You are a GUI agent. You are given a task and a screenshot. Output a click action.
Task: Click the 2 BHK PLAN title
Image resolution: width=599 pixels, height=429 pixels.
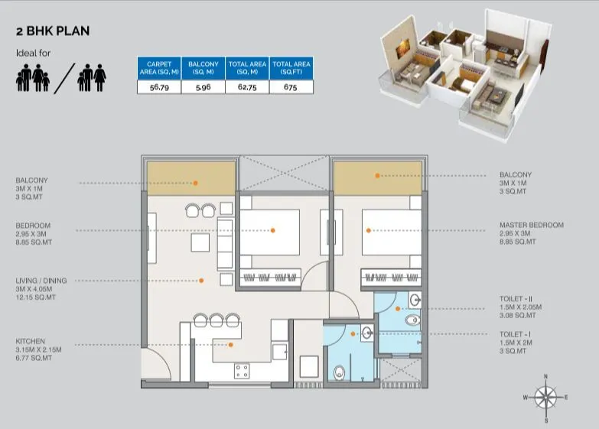[x=53, y=31]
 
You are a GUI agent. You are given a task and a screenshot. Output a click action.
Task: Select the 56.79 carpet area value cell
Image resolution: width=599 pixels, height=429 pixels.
[x=158, y=87]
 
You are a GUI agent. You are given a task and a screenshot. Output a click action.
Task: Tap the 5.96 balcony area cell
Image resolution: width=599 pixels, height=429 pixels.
[x=203, y=87]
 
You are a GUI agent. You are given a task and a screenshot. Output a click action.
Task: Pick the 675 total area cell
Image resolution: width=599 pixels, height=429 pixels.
[x=291, y=87]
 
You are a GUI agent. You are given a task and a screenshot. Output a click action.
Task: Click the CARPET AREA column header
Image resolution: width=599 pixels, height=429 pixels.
[x=158, y=67]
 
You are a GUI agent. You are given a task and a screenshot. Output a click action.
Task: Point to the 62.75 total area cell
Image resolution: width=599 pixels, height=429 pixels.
[x=247, y=87]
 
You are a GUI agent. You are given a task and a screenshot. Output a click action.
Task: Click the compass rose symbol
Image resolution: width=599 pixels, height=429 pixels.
[x=545, y=398]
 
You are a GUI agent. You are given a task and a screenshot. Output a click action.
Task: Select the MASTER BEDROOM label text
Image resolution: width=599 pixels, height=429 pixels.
[x=531, y=225]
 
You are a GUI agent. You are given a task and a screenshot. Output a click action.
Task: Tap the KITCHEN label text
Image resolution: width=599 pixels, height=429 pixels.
[x=30, y=341]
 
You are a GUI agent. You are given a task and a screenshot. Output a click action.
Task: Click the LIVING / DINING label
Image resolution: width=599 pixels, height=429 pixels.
[x=41, y=281]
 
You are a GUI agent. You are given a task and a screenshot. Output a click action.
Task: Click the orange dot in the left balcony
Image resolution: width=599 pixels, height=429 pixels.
[x=196, y=183]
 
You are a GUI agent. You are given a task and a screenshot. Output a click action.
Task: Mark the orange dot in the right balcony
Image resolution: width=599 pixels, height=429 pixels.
[x=377, y=175]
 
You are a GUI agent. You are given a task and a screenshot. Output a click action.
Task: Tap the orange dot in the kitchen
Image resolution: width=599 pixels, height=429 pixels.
[x=230, y=345]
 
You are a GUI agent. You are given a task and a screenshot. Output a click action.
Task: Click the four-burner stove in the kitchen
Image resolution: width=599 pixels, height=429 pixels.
[x=242, y=372]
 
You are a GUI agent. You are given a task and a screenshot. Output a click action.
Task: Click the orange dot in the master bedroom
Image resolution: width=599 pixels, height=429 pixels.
[x=368, y=229]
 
